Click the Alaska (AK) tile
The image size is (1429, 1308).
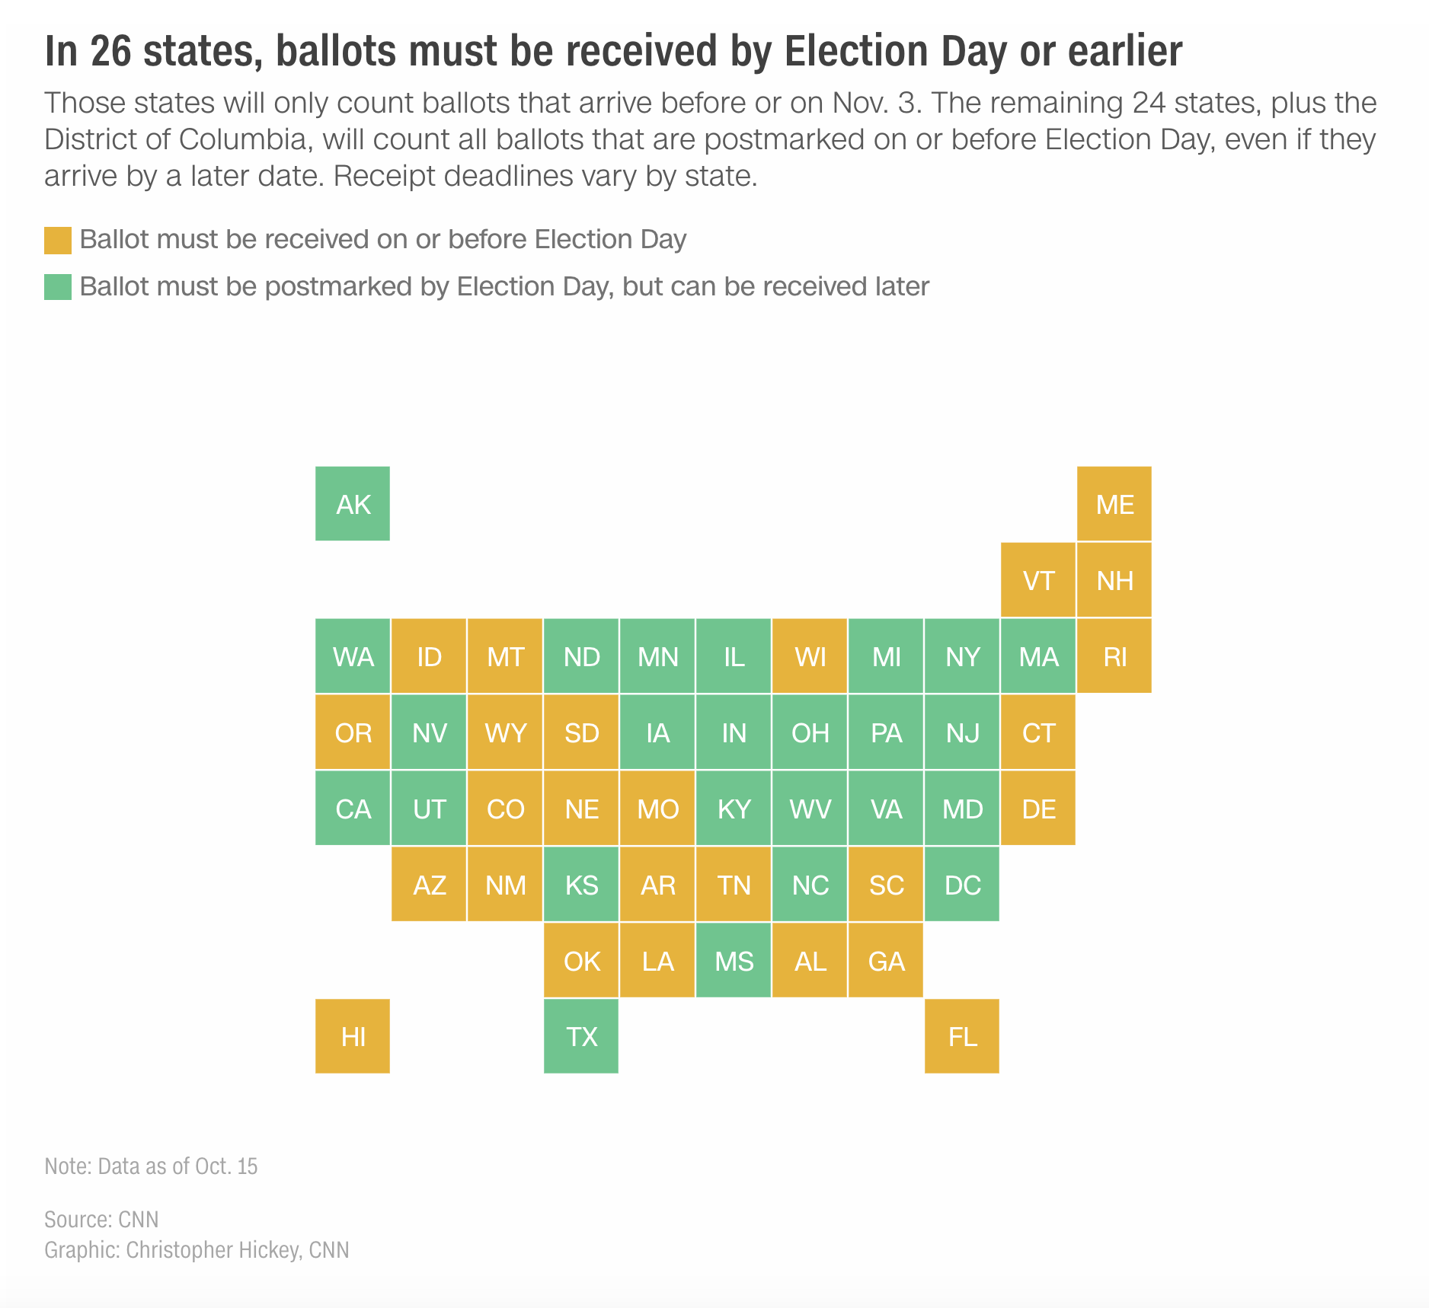click(x=353, y=503)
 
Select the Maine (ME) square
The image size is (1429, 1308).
click(x=1114, y=503)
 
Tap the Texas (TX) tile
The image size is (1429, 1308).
click(x=581, y=1036)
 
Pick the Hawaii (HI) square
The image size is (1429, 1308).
click(x=353, y=1036)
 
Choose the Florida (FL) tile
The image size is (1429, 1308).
click(x=962, y=1036)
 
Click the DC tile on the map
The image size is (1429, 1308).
click(x=962, y=884)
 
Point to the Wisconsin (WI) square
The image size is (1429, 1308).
click(x=810, y=656)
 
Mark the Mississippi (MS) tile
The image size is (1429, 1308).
click(x=734, y=960)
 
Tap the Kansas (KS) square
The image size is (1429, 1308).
click(x=581, y=884)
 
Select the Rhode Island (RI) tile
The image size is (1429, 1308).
click(x=1114, y=656)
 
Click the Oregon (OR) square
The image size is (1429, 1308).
click(x=353, y=732)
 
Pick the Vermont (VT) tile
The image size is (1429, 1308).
click(x=1038, y=579)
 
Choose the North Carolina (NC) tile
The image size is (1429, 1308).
click(x=810, y=884)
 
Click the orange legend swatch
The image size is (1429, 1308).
click(x=58, y=240)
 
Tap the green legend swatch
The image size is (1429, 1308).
click(x=58, y=287)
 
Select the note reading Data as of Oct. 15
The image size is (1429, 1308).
click(x=151, y=1166)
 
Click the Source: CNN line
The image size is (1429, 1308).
click(x=101, y=1220)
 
